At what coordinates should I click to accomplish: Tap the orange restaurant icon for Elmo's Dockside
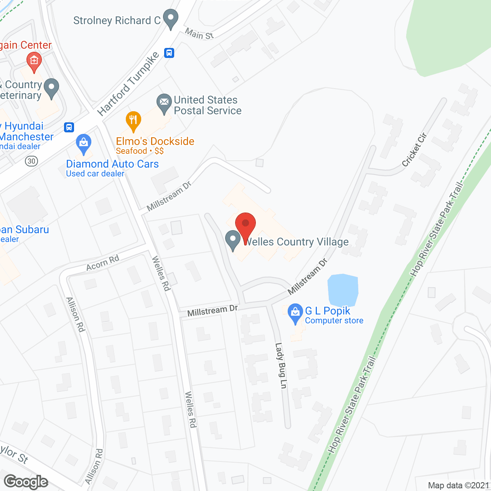133,120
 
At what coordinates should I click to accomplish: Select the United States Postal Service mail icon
164,103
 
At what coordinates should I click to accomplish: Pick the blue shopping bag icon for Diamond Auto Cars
84,143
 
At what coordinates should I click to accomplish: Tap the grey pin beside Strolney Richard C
171,18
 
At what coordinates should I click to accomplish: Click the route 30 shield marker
31,161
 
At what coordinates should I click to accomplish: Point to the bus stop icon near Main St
169,53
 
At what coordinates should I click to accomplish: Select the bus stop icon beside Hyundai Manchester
69,127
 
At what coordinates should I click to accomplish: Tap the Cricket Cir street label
414,150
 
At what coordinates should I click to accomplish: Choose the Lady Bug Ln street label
281,366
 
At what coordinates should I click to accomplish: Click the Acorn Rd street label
103,262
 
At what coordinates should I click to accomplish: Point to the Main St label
199,34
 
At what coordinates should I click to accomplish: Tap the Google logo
26,482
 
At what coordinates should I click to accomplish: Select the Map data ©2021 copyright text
458,485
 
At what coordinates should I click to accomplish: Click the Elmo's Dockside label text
155,141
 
